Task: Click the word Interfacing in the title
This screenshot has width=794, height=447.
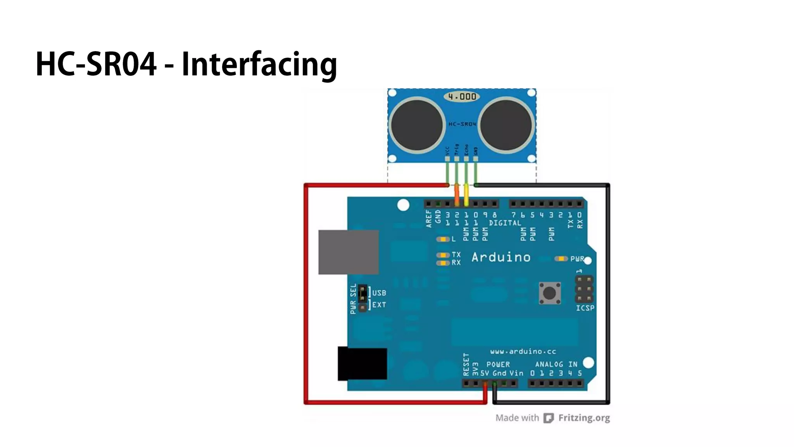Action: [259, 64]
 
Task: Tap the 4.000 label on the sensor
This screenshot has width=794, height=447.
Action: [462, 96]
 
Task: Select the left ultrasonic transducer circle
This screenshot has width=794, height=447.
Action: [417, 125]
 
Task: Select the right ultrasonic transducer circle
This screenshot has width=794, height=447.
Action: [506, 125]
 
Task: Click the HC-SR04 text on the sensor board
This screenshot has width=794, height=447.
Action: [462, 124]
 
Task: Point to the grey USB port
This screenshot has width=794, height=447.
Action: [348, 252]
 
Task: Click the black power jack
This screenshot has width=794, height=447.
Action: [362, 364]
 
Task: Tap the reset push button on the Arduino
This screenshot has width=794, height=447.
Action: [549, 293]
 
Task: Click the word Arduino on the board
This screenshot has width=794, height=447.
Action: [501, 257]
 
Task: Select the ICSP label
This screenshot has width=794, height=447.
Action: [585, 308]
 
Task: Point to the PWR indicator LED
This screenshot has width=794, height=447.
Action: [561, 259]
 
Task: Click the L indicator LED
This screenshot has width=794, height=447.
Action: [442, 239]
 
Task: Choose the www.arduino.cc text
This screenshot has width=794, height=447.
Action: [523, 352]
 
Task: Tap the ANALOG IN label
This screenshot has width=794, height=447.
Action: [556, 364]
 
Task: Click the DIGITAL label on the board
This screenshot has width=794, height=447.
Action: [505, 223]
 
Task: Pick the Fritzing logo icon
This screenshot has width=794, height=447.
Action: [548, 418]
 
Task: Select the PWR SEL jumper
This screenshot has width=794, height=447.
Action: [362, 298]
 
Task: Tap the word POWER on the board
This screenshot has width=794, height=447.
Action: [498, 364]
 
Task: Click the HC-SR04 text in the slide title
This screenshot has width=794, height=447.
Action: [96, 64]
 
